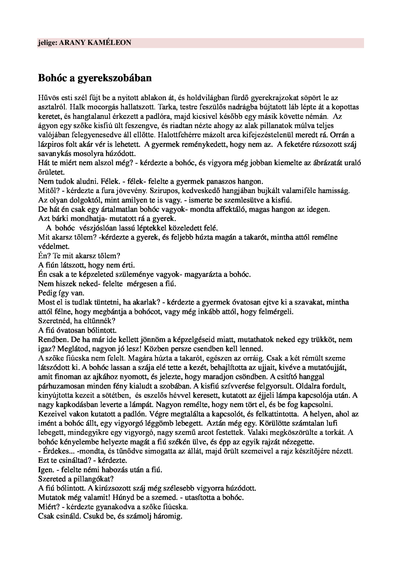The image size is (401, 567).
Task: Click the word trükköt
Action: (321, 340)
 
